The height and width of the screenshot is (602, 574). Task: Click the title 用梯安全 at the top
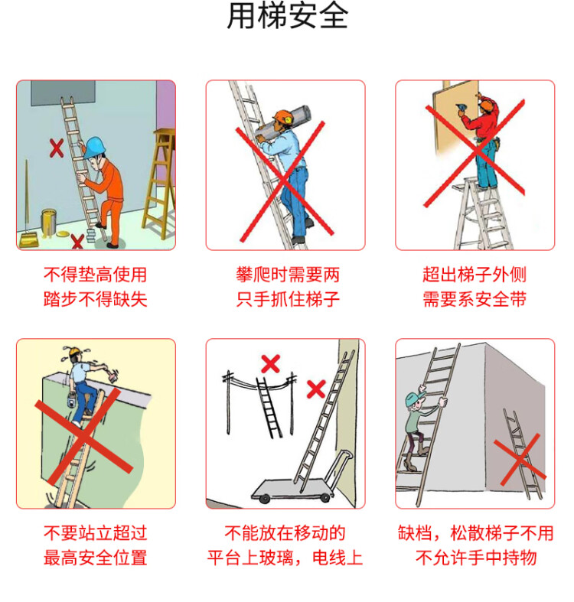(x=287, y=17)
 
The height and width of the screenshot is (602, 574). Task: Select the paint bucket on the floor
(x=49, y=222)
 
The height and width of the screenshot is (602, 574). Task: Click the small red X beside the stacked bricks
(x=77, y=242)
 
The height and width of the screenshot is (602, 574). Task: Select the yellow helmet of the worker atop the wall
(x=75, y=353)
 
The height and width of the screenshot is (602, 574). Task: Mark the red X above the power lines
(x=270, y=363)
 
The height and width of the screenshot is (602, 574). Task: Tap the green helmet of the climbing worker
(x=413, y=399)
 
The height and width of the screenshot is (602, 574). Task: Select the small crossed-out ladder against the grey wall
(x=523, y=449)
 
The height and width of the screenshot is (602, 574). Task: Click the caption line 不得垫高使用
(x=95, y=275)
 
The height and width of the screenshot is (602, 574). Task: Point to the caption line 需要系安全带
(x=475, y=299)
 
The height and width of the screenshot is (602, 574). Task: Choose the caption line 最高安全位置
(x=95, y=558)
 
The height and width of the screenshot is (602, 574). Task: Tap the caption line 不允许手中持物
(x=475, y=558)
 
